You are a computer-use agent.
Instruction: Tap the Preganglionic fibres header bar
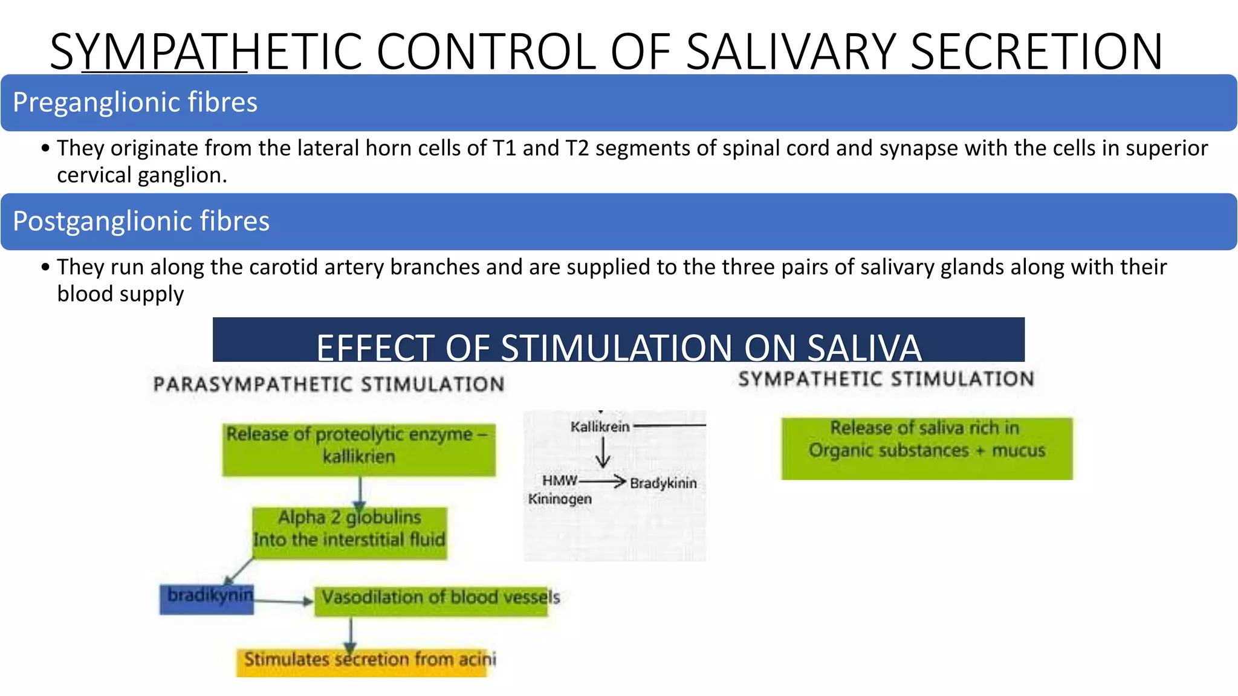[618, 103]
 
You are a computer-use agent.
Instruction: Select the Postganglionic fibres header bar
[618, 222]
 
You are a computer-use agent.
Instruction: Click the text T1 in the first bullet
[505, 148]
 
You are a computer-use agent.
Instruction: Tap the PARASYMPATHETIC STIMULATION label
[328, 384]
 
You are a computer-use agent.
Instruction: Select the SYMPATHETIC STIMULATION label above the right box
[886, 379]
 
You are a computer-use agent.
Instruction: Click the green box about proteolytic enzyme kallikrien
[359, 449]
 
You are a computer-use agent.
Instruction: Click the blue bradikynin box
[207, 598]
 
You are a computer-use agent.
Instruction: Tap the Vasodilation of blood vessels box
[432, 601]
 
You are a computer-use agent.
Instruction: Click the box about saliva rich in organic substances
[927, 448]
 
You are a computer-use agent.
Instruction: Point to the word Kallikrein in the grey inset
[600, 427]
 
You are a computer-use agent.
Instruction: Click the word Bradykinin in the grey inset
[663, 483]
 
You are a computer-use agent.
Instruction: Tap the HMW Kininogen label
[560, 490]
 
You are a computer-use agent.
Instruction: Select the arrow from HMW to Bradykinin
[602, 482]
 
